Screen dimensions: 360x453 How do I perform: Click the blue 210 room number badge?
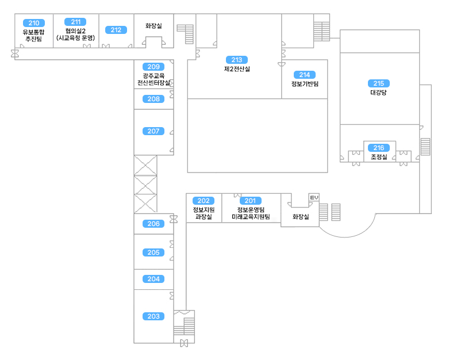click(34, 23)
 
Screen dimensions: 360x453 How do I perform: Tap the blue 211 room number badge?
click(75, 22)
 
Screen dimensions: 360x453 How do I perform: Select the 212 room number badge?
click(116, 30)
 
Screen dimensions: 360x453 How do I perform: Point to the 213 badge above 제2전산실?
click(237, 60)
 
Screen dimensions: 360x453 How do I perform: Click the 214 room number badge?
click(305, 75)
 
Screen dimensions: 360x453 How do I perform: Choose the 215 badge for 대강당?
click(378, 83)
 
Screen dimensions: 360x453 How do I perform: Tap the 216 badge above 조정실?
click(379, 148)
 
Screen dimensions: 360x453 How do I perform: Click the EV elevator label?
click(314, 198)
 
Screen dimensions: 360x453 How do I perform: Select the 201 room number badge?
click(250, 201)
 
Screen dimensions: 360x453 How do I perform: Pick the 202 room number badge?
click(204, 201)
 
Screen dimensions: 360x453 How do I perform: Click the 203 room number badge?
click(153, 316)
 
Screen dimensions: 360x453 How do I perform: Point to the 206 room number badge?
click(153, 224)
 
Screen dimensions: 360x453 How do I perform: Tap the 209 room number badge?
click(153, 67)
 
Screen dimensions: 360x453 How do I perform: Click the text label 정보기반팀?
click(305, 84)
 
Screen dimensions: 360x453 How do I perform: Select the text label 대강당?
click(378, 92)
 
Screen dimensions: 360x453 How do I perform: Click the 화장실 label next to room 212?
click(153, 26)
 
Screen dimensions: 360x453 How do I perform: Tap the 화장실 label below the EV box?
click(301, 217)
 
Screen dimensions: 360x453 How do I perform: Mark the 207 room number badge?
click(153, 131)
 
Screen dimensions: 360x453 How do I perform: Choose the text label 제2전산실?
click(237, 69)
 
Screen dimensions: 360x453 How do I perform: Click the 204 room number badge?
click(153, 279)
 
